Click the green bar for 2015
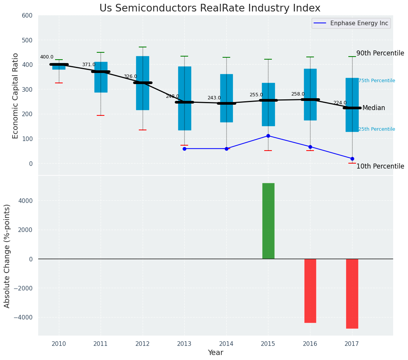click(x=268, y=221)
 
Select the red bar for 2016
click(x=310, y=290)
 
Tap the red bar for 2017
click(x=352, y=294)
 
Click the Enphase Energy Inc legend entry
click(x=351, y=23)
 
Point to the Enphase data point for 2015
click(x=268, y=136)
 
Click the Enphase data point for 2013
click(x=184, y=149)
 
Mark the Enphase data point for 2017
click(x=352, y=159)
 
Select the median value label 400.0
click(x=47, y=57)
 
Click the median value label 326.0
click(x=130, y=76)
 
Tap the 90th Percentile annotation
click(x=380, y=53)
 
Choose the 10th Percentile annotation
click(x=380, y=166)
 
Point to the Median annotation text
click(x=374, y=108)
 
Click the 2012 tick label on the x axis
click(x=143, y=344)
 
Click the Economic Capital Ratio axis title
click(x=16, y=96)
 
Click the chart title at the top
click(x=210, y=8)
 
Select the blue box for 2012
click(x=143, y=83)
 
